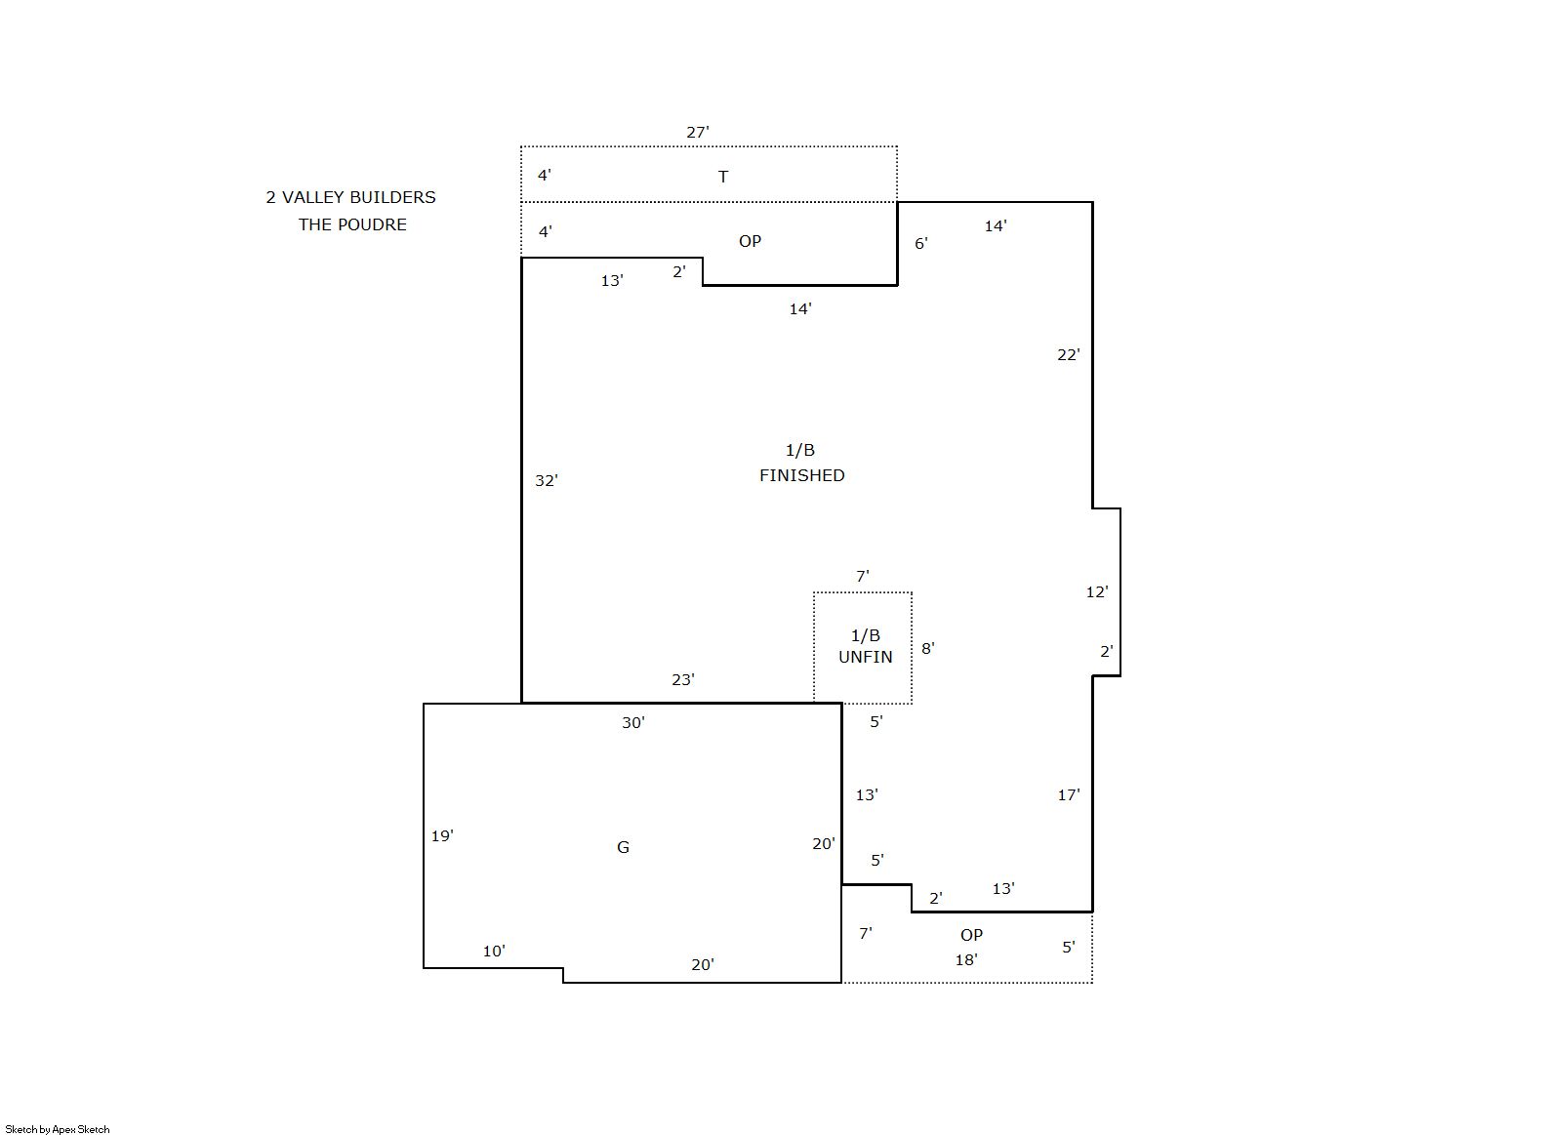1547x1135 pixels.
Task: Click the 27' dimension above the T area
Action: coord(698,132)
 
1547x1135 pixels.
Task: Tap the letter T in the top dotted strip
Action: coord(723,177)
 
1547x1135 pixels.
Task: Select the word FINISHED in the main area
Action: coord(802,475)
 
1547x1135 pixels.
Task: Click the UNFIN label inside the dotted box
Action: coord(866,657)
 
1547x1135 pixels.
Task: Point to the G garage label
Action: coord(623,847)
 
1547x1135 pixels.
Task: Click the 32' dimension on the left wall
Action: coord(547,480)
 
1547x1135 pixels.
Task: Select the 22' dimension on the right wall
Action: coord(1069,355)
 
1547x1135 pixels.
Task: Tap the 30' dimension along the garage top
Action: coord(633,723)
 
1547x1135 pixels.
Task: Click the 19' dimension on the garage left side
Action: coord(442,836)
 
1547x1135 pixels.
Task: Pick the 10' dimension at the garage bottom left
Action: coord(494,952)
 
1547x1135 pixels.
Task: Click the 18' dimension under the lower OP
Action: coord(966,960)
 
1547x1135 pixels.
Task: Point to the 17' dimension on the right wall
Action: coord(1069,795)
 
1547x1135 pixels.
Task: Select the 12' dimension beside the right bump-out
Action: coord(1097,592)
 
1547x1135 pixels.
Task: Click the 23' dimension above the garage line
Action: coord(683,680)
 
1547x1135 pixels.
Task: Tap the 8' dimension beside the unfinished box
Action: coord(928,648)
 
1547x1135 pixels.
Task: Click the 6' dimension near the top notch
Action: coord(921,244)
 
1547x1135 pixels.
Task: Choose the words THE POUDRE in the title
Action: coord(352,225)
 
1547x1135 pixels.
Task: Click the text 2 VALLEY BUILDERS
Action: coord(350,197)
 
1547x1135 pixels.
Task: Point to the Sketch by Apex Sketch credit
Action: coord(58,1129)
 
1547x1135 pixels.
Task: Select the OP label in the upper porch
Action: coord(750,242)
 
